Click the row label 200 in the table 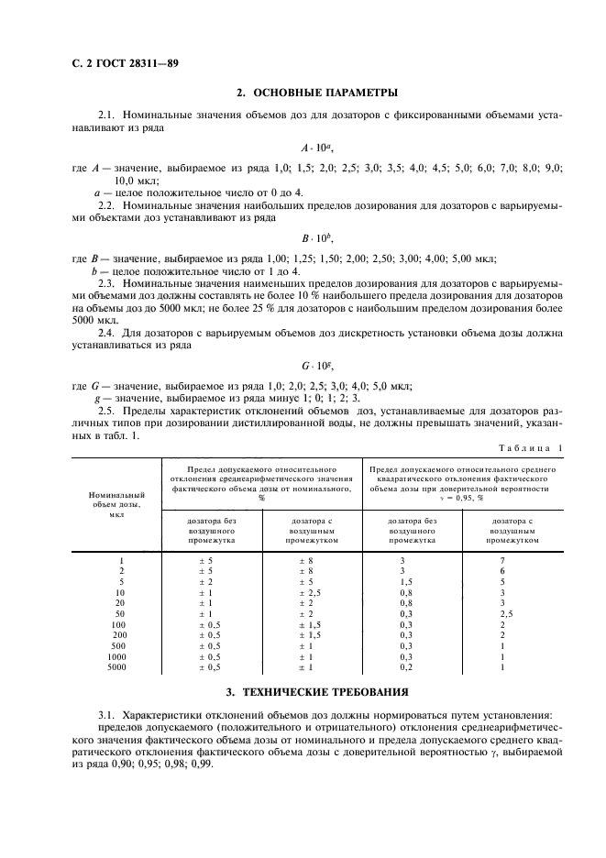pyautogui.click(x=120, y=634)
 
